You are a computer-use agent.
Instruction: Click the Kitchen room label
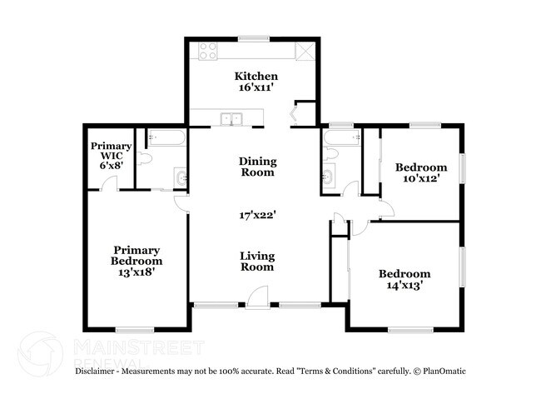click(256, 77)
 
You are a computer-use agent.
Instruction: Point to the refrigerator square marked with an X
click(305, 52)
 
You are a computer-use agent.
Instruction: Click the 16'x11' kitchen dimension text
click(256, 89)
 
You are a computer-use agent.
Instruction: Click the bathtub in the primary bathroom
click(161, 138)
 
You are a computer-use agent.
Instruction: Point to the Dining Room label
click(258, 167)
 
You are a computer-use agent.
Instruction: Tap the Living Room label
click(257, 262)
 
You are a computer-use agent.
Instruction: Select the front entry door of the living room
click(259, 298)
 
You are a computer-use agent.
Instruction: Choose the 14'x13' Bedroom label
click(405, 280)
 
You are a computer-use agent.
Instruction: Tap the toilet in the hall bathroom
click(330, 156)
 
